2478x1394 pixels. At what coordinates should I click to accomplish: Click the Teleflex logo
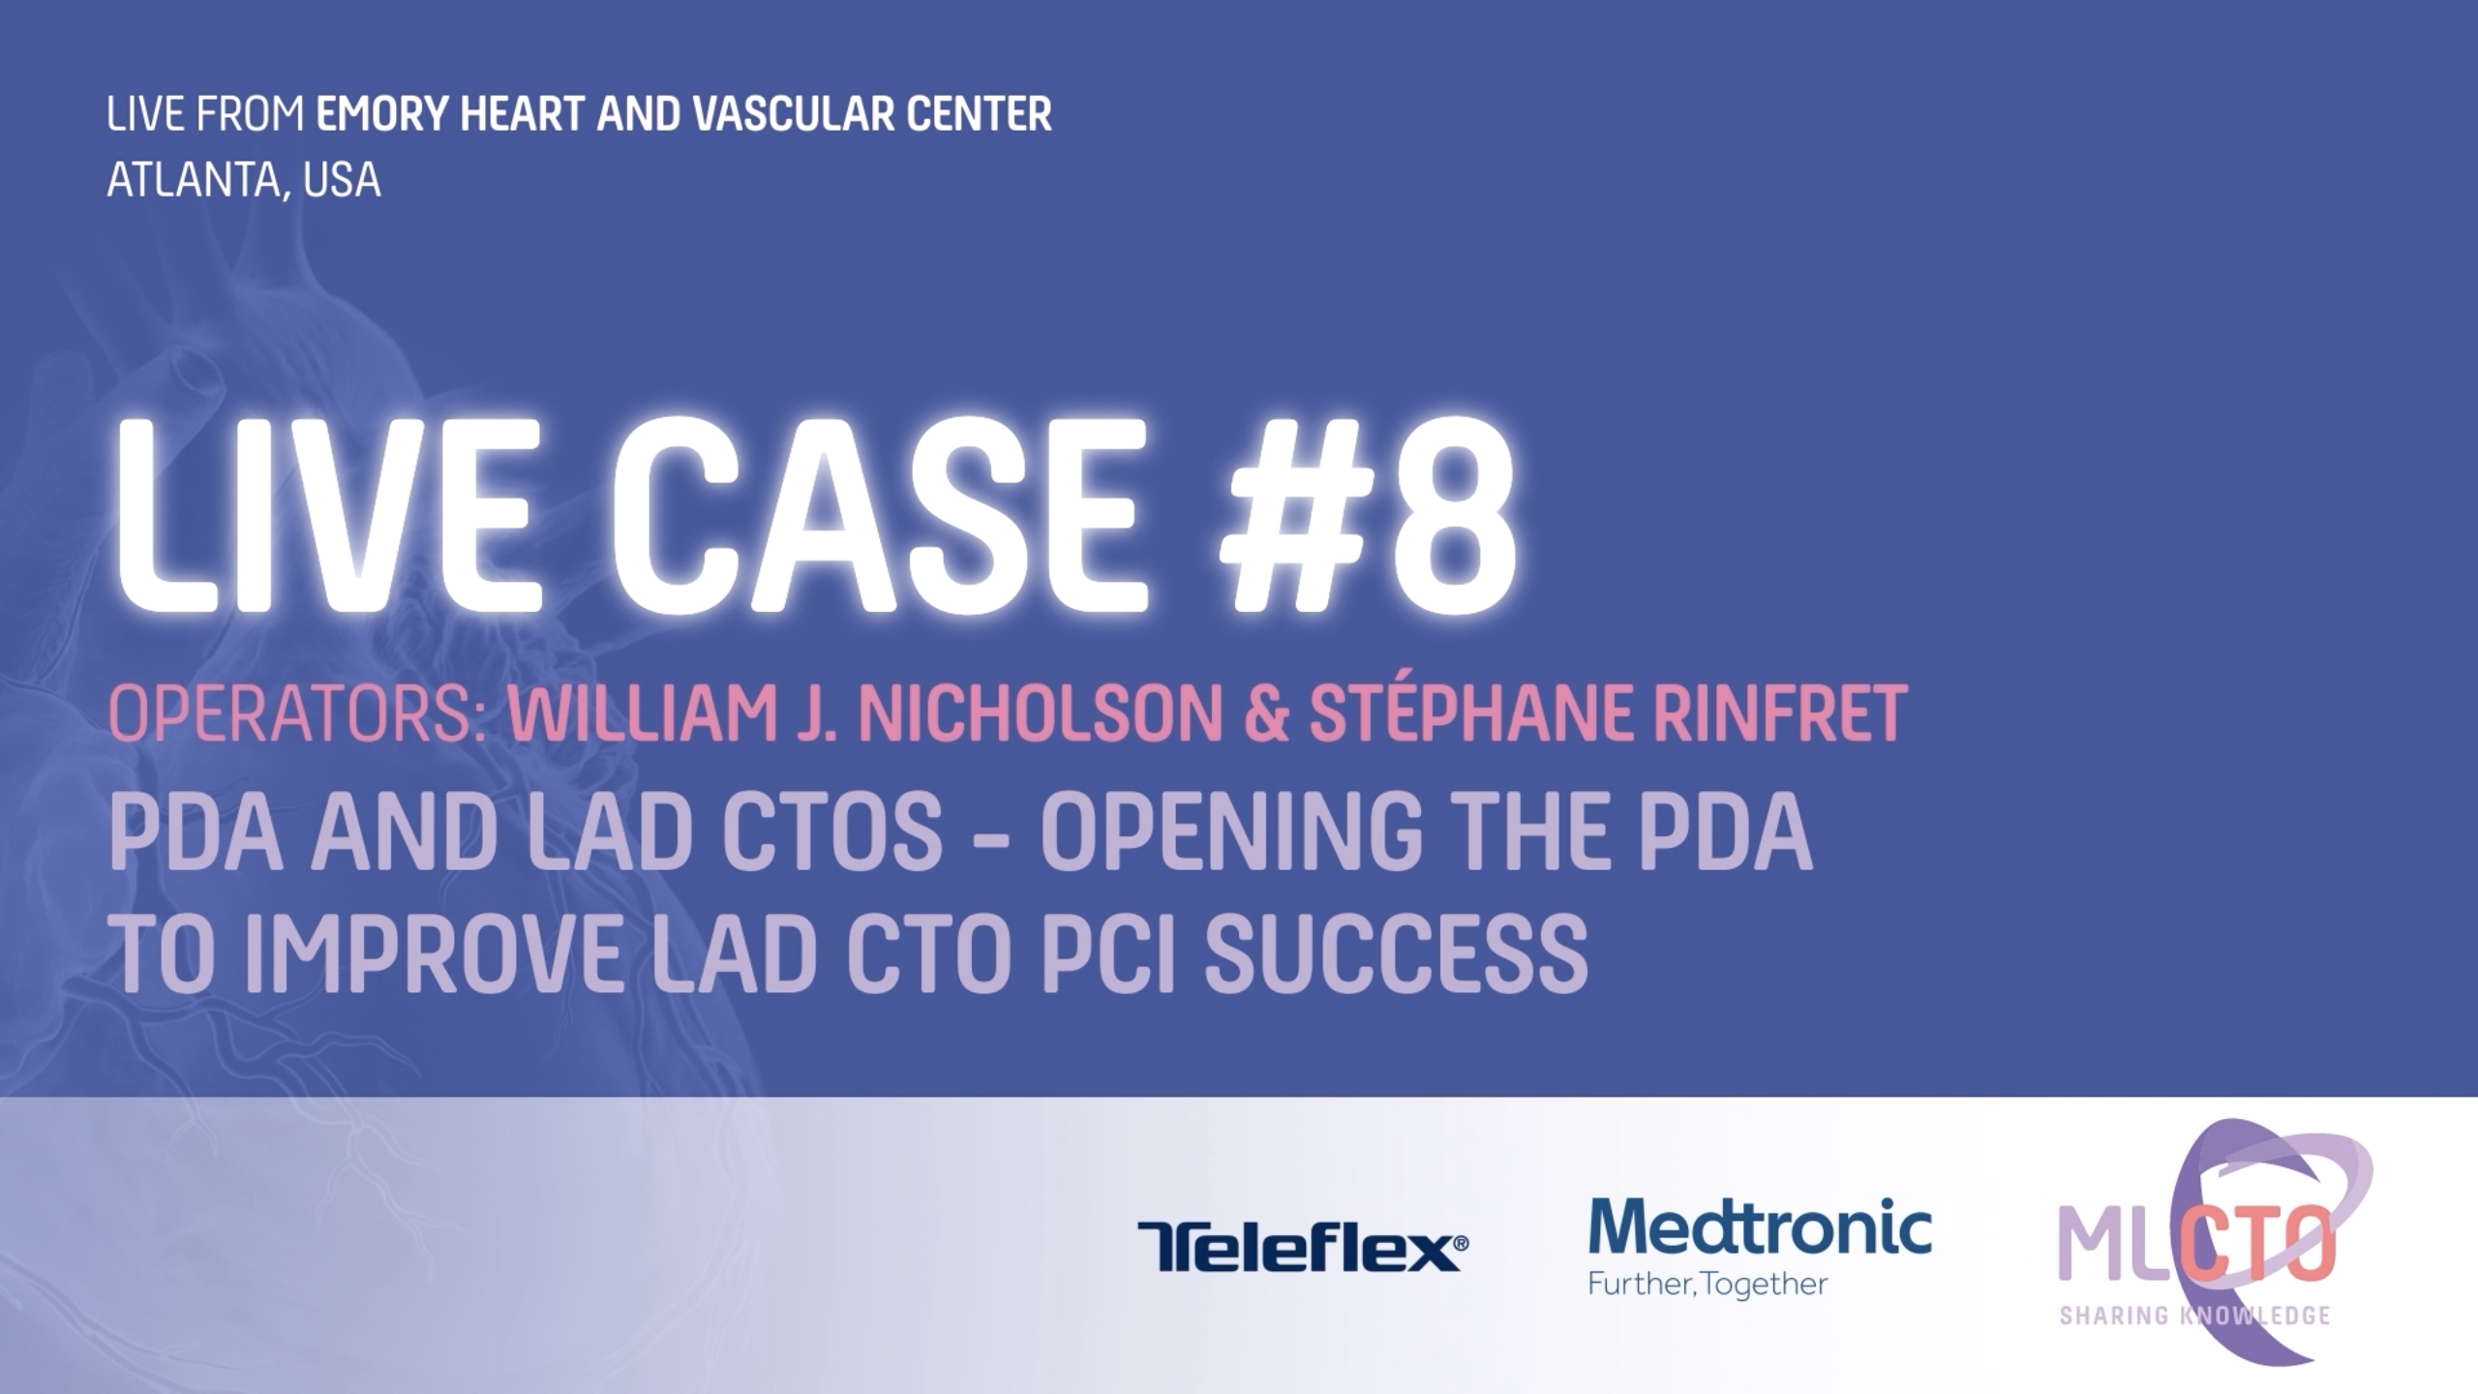point(1303,1247)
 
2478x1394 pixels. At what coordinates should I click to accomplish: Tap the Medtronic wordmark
point(1760,1226)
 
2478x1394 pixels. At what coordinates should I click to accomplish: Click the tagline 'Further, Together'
point(1707,1285)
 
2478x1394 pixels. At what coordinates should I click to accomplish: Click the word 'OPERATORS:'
point(297,713)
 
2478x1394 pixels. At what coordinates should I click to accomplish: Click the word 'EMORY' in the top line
point(381,114)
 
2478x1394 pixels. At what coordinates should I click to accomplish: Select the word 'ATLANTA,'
point(196,181)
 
